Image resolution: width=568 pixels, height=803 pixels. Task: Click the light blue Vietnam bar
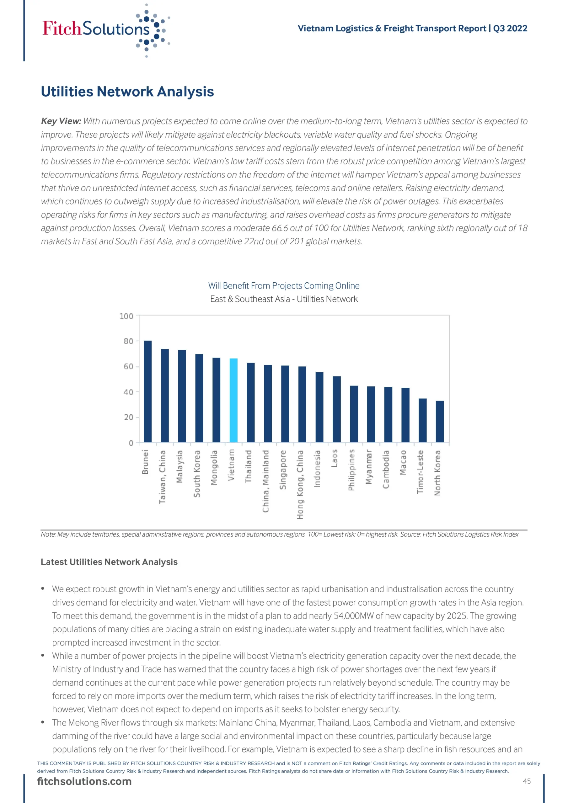[233, 400]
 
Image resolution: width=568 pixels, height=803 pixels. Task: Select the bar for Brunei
[148, 391]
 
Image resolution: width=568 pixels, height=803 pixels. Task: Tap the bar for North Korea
[440, 422]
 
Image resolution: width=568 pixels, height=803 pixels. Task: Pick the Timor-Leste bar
[422, 420]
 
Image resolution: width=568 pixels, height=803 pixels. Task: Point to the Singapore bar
[285, 404]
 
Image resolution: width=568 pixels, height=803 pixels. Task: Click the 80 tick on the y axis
[129, 341]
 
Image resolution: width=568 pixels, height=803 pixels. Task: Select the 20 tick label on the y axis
[129, 417]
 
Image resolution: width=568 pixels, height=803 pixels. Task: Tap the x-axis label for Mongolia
[214, 467]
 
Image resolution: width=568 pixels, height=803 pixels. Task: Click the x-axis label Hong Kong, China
[300, 484]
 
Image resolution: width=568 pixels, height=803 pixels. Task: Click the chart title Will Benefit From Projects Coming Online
[284, 286]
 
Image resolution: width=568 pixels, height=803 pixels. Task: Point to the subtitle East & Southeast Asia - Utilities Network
[284, 299]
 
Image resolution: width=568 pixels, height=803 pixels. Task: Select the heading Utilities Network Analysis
[127, 92]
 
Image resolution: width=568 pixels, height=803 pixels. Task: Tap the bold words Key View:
[61, 121]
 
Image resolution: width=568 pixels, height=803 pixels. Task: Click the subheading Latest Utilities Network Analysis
[109, 562]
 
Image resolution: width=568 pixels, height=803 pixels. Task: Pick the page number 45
[527, 781]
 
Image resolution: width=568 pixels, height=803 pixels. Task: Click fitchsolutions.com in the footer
[84, 781]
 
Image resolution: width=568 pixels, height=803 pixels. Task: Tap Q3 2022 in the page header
[510, 28]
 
